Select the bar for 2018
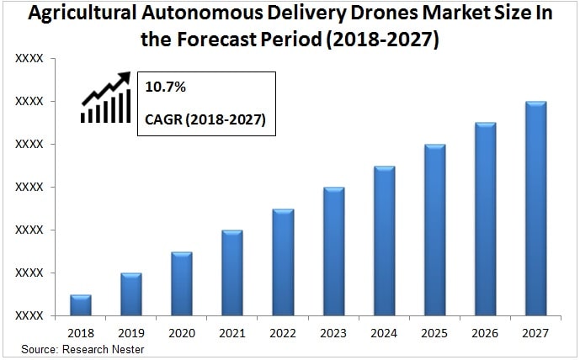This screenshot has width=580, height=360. (81, 305)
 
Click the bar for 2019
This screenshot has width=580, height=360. (131, 294)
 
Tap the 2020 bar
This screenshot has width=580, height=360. (182, 283)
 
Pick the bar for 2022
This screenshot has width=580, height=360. (283, 262)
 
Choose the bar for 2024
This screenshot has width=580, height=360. (384, 241)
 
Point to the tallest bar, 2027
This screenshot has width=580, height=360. (536, 209)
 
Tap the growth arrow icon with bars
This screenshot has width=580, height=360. (106, 98)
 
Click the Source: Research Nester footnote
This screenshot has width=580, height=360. (82, 348)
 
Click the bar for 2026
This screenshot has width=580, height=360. (486, 220)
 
